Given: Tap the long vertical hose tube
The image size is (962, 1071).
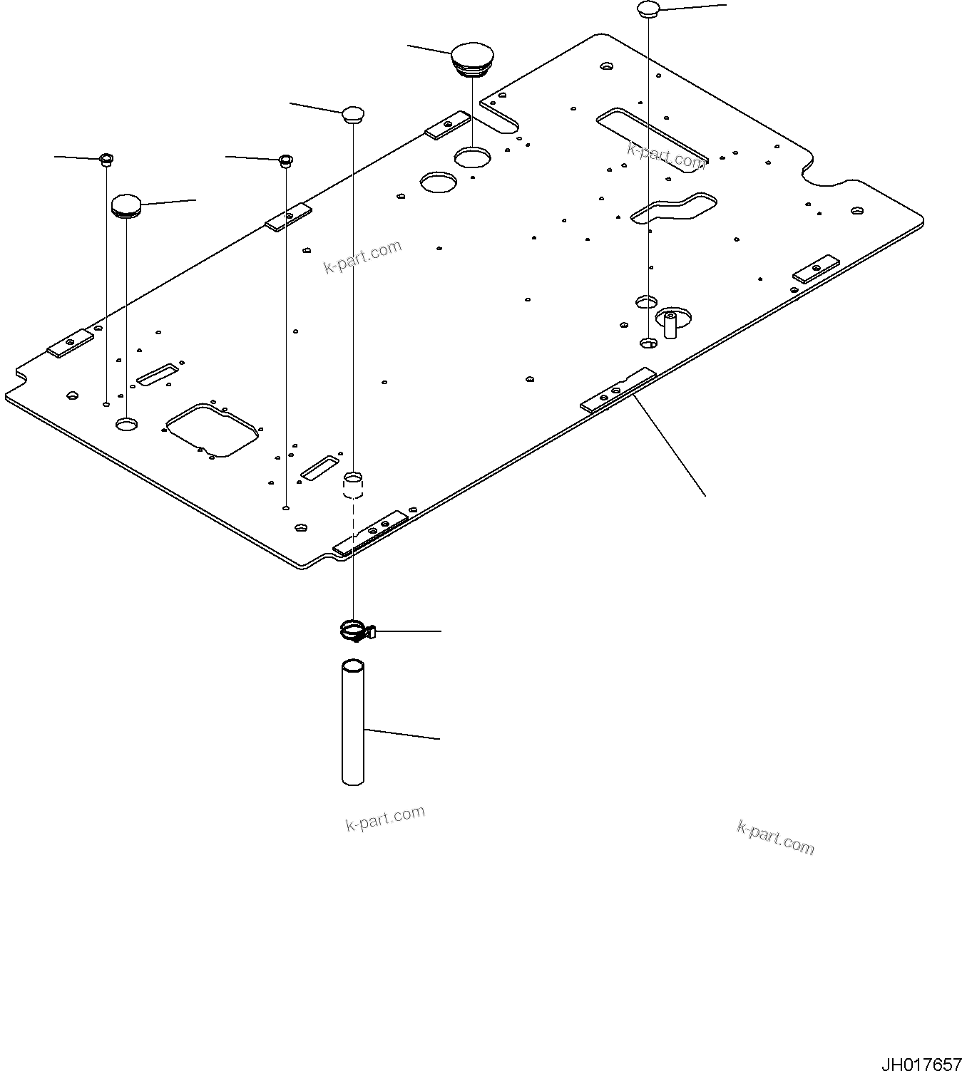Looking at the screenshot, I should pos(353,723).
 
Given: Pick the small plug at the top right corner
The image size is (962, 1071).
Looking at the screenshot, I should pos(648,9).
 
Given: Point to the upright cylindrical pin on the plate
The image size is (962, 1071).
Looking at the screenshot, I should pos(670,324).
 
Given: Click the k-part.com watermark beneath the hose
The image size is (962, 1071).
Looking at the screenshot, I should pos(385,818).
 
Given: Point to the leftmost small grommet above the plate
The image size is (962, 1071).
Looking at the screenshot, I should pos(106,159).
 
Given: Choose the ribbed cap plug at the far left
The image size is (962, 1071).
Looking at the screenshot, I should pos(126,206).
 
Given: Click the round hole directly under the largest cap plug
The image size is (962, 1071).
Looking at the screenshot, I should pos(472,157).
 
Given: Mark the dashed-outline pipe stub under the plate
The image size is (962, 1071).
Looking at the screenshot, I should pos(354,485).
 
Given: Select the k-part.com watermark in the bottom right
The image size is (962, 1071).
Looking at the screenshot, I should pos(775,837).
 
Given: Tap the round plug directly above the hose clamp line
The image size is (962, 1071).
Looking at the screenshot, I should pos(353,114).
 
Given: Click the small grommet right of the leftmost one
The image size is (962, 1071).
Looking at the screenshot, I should pos(285,160).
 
